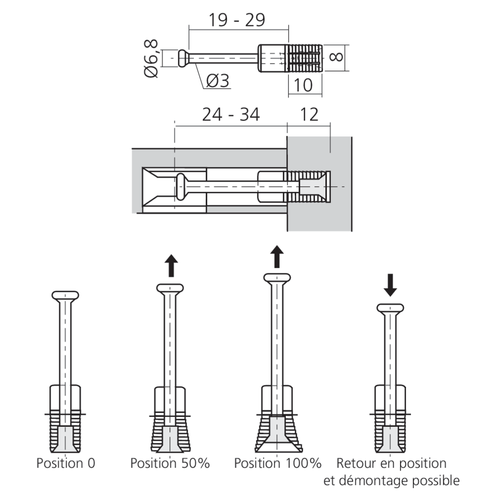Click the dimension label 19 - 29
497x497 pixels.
[237, 19]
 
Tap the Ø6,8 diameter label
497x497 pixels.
[151, 59]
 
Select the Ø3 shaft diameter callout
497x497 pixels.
[217, 81]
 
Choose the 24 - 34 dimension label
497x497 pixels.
[231, 115]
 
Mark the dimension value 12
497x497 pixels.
[309, 115]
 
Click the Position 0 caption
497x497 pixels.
[65, 463]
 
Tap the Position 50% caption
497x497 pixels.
[170, 463]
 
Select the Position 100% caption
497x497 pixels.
[278, 463]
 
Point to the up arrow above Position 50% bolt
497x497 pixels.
[171, 266]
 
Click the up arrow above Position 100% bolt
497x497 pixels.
[277, 255]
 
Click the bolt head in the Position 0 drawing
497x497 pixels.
[65, 296]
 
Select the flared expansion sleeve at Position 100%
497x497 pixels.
[278, 432]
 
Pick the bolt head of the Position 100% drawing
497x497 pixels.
[277, 277]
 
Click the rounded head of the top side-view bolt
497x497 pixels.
[183, 58]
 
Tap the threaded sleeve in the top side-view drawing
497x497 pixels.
[304, 58]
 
